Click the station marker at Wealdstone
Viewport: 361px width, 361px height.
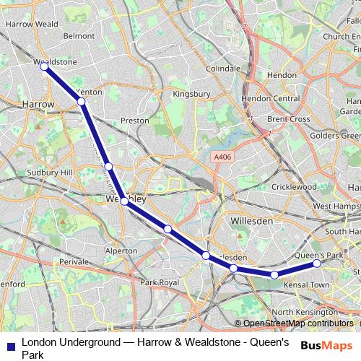pyautogui.click(x=44, y=66)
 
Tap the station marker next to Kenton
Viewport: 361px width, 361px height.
pyautogui.click(x=82, y=102)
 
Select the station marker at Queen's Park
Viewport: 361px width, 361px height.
pyautogui.click(x=316, y=264)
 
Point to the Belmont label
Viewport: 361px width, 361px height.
pyautogui.click(x=79, y=35)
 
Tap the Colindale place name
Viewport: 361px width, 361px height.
pyautogui.click(x=223, y=69)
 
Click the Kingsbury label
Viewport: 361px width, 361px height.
pyautogui.click(x=191, y=94)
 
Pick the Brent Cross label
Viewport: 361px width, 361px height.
pyautogui.click(x=288, y=118)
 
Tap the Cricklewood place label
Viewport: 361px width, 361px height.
pyautogui.click(x=293, y=186)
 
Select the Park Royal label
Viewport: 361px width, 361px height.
pyautogui.click(x=159, y=282)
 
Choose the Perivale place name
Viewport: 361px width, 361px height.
pyautogui.click(x=73, y=261)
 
